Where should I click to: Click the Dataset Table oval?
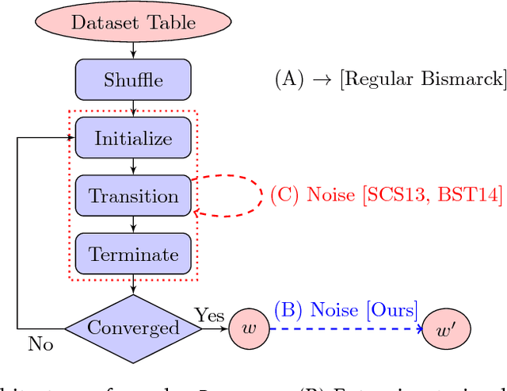point(133,21)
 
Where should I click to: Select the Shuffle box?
point(133,80)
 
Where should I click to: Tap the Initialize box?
point(133,138)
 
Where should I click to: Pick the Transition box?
point(133,196)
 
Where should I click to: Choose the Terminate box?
point(133,254)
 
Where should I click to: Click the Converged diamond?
point(133,328)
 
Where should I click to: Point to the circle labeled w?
point(250,328)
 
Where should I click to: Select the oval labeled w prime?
point(445,328)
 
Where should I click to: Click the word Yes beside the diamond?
point(211,316)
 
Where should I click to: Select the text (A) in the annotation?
point(290,79)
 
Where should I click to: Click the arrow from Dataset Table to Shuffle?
point(133,50)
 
